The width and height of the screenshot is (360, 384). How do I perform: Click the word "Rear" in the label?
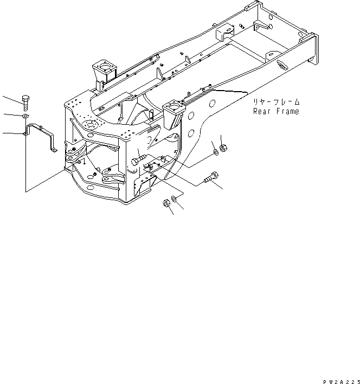(x=262, y=112)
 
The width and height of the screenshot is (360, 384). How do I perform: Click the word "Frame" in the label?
(x=287, y=112)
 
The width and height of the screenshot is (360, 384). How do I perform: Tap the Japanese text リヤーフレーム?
(x=275, y=102)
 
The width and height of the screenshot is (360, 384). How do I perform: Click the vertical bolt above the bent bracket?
(x=26, y=102)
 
